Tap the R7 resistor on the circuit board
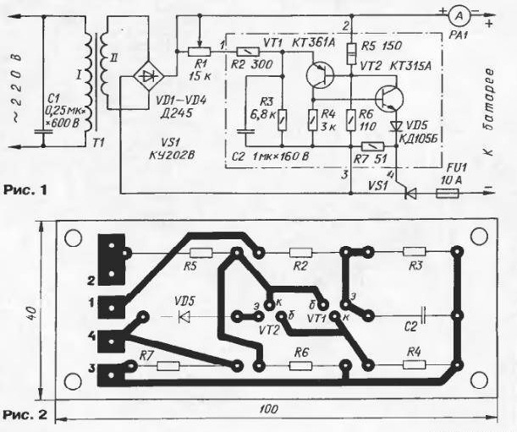[168, 365]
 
